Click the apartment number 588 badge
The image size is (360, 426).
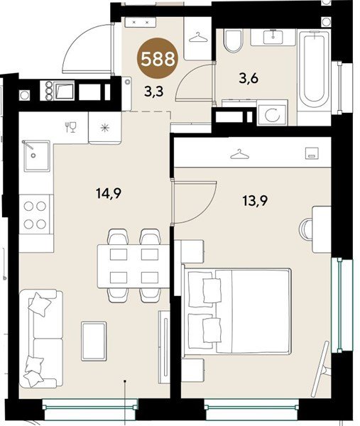coord(158,58)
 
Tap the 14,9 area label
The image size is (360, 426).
coord(109,193)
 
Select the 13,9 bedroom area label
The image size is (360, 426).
coord(255,201)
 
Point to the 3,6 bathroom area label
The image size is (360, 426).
coord(249,79)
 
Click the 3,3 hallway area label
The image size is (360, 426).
coord(154,92)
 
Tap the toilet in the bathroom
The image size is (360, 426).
coord(233,41)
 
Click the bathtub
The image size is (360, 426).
coord(314,70)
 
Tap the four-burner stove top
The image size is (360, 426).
coord(35,215)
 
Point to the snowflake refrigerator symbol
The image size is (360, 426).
coord(104,128)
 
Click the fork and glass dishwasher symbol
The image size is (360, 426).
coord(70,127)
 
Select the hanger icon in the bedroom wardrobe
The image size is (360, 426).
coord(239,154)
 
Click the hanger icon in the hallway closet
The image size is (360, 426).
coord(198,38)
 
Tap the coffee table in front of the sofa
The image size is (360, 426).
coord(94,341)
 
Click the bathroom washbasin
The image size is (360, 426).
coord(273,37)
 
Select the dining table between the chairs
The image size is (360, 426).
coord(133,266)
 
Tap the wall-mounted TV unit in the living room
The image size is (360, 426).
coord(164,346)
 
